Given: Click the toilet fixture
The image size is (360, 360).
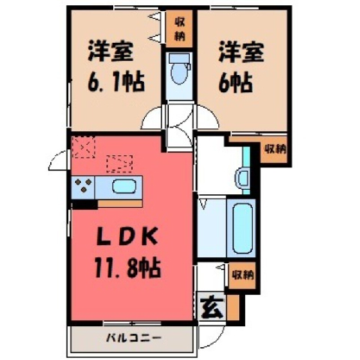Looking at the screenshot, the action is pyautogui.click(x=179, y=69).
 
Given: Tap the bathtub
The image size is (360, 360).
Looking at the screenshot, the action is pyautogui.click(x=242, y=228).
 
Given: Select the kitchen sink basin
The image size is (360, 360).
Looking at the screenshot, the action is pyautogui.click(x=124, y=186).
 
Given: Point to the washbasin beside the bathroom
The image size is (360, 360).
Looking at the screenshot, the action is pyautogui.click(x=243, y=178).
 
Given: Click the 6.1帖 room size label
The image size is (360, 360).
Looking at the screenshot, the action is pyautogui.click(x=115, y=82).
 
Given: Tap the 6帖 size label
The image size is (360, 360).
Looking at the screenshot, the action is pyautogui.click(x=235, y=82).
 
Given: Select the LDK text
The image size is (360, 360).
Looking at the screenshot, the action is pyautogui.click(x=127, y=236).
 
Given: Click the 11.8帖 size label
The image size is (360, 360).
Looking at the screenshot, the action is pyautogui.click(x=127, y=268).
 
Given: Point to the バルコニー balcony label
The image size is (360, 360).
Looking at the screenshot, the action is pyautogui.click(x=133, y=338).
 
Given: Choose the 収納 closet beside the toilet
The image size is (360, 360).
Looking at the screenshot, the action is pyautogui.click(x=180, y=29).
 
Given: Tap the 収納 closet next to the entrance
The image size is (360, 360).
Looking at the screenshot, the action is pyautogui.click(x=242, y=275).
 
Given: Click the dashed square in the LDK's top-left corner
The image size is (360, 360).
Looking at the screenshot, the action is pyautogui.click(x=83, y=147).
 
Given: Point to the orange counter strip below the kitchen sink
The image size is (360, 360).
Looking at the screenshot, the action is pyautogui.click(x=120, y=204).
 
